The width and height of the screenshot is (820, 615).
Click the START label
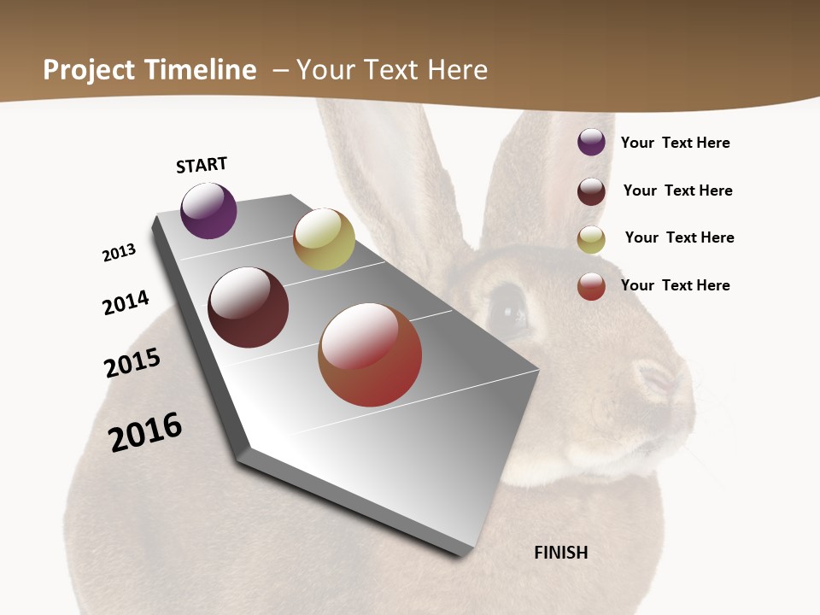coord(202,165)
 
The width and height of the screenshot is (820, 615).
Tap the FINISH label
coord(560,553)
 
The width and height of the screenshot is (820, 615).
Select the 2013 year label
coord(119,253)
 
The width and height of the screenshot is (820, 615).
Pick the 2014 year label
coord(126,302)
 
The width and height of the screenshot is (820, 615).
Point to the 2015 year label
coord(132,363)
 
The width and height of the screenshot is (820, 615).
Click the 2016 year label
coord(145,431)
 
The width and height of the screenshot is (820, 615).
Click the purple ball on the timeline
coord(208,211)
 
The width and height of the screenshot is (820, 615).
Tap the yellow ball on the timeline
coord(324,239)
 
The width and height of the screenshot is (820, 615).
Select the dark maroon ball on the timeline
coord(248,307)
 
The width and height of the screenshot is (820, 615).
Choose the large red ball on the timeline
coord(370,354)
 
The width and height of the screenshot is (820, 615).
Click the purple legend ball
coord(591,142)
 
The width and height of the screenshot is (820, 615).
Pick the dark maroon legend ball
coord(591,190)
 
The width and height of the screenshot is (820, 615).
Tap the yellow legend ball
coord(591,239)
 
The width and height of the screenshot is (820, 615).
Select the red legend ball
coord(591,286)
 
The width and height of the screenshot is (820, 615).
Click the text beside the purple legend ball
coord(675,143)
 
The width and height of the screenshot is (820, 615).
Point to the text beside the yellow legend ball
coord(679,237)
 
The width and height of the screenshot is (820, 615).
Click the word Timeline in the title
coord(202,70)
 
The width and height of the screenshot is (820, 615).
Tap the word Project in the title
coord(89,70)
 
